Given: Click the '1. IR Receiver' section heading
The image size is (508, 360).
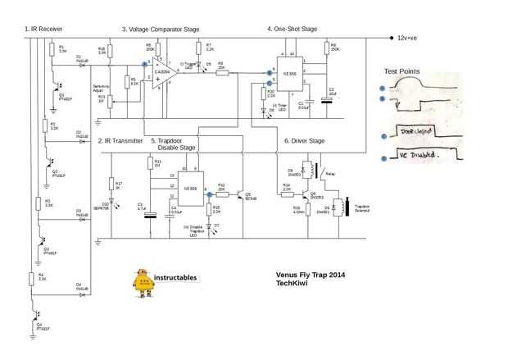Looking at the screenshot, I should (44, 29).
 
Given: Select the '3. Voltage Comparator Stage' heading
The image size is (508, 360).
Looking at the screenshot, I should (161, 29).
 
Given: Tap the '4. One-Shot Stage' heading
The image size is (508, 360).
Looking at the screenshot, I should (292, 29).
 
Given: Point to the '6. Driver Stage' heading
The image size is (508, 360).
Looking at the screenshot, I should (304, 141).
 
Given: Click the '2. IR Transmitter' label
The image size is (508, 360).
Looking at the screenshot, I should (122, 141).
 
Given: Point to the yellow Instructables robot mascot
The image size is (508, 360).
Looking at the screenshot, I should (143, 282).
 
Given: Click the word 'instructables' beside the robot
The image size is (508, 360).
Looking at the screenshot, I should (175, 278).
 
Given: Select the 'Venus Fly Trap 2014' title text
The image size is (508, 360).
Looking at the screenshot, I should (311, 275).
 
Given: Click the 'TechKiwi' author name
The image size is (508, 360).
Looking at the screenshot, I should (291, 284).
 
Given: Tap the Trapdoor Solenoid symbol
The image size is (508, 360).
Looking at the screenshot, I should (349, 210).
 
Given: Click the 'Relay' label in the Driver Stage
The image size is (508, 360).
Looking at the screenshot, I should (329, 174).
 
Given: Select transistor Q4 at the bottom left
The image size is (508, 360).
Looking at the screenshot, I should (36, 314).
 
